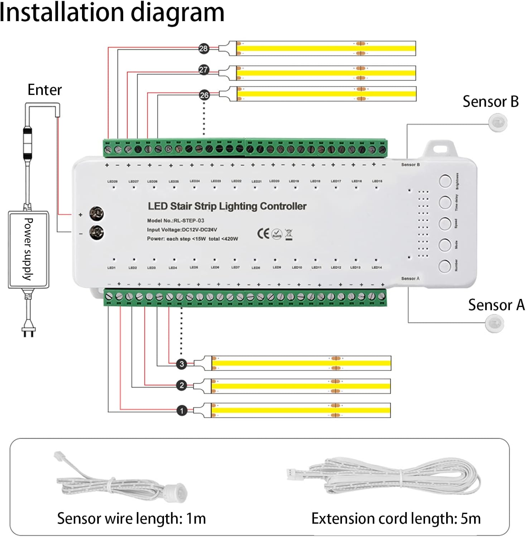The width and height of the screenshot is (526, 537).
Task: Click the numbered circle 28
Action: click(203, 48)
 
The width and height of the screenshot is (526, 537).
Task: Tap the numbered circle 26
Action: click(204, 95)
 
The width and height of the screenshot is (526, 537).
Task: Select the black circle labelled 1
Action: click(182, 410)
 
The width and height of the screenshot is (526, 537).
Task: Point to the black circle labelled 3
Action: click(182, 364)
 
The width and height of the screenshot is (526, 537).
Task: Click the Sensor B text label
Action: click(490, 102)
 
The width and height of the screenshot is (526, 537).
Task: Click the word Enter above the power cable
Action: click(45, 90)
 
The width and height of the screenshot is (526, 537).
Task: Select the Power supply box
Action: click(28, 249)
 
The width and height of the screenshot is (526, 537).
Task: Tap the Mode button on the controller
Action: click(445, 245)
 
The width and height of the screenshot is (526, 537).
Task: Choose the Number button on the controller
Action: click(445, 266)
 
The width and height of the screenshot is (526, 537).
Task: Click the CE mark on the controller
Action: click(263, 233)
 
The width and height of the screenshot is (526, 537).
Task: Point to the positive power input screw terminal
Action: click(96, 214)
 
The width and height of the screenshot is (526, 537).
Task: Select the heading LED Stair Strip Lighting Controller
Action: click(227, 206)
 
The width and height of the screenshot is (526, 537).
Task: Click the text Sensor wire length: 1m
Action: click(131, 518)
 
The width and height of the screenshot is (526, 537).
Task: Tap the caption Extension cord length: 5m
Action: click(396, 518)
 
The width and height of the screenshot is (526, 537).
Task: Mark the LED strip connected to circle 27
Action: click(326, 73)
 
